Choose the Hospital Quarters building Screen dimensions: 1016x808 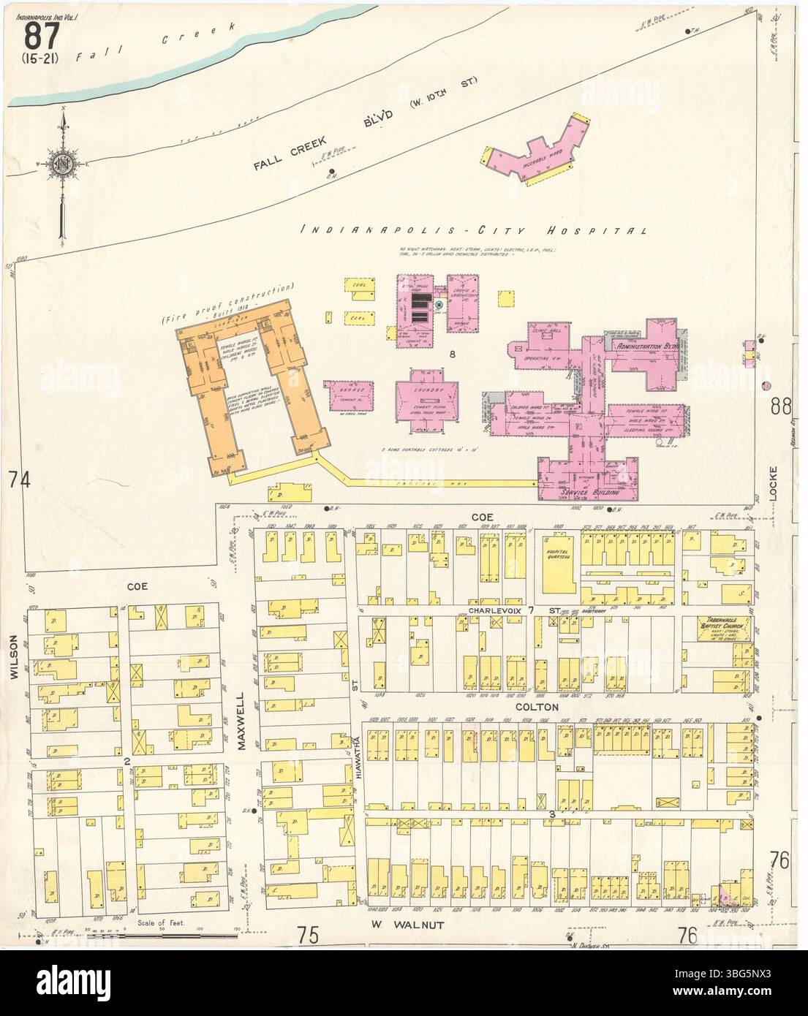tap(559, 573)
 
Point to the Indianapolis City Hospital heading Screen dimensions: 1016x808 tap(475, 231)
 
